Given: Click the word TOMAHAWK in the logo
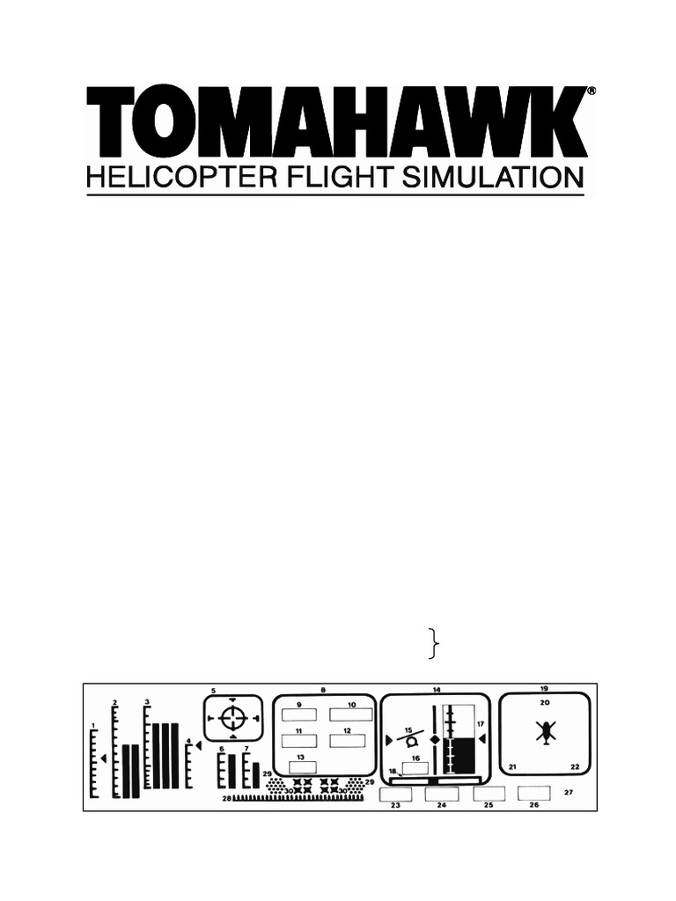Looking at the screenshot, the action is point(335,122).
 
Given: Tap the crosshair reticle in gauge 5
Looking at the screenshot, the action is point(232,718).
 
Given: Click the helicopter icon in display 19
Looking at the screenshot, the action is point(546,731).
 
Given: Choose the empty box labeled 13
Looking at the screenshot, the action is point(302,767).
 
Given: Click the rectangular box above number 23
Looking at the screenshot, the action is point(396,794).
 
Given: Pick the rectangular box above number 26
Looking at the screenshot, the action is point(533,793).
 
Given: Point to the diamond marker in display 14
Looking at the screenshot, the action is point(434,738).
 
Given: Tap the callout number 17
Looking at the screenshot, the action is point(481,724).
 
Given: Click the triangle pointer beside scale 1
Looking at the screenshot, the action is point(105,758).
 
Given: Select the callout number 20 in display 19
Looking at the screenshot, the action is point(545,702).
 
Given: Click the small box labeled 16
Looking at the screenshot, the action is point(415,767).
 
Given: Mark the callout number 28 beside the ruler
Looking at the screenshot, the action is point(226,799).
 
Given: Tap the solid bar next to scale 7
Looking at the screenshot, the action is point(255,774).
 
